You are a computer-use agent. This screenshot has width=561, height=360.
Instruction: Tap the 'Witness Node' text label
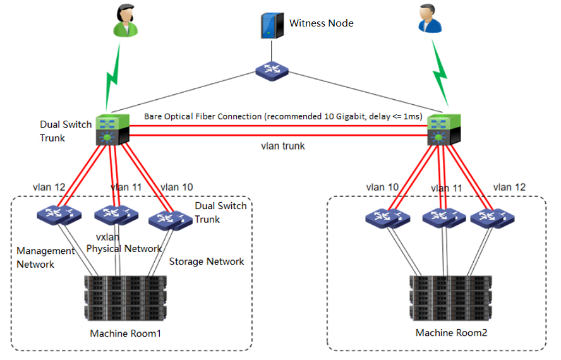321,23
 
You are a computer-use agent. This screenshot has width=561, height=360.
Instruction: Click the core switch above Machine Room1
112,129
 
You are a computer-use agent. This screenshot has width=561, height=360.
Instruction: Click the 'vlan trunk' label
282,146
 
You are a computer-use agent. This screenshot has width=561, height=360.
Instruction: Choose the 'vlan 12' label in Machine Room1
49,187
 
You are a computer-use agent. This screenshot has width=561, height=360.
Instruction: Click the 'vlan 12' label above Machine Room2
509,187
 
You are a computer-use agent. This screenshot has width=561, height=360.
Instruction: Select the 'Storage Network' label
207,261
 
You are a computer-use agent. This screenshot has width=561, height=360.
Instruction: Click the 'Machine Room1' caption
126,333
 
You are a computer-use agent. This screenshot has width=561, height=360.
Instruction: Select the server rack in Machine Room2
450,299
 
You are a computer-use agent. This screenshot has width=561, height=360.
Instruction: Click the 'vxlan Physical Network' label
124,243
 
